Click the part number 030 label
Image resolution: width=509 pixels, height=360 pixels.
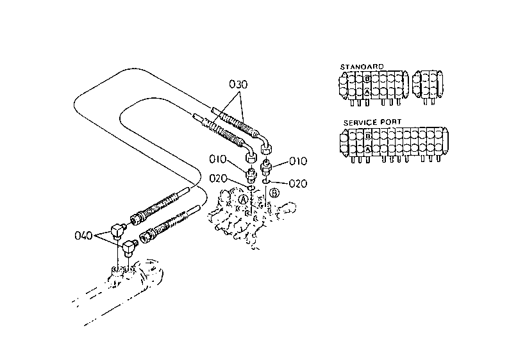coord(238,85)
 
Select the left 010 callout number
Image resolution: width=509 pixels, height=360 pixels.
coord(218,160)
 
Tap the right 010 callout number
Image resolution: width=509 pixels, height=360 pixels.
coord(297,161)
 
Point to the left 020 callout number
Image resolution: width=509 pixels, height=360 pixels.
coord(218,178)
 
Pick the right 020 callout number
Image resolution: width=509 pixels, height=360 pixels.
coord(298,184)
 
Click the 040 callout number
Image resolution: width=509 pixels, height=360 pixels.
coord(84,236)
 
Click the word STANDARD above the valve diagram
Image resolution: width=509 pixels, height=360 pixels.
coord(362,67)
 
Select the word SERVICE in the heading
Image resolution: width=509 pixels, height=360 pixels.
coord(360,122)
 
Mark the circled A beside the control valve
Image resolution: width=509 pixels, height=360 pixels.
coord(243,199)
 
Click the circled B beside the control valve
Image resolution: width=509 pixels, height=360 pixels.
coord(274,193)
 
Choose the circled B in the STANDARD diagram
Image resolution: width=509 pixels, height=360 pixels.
coord(367,78)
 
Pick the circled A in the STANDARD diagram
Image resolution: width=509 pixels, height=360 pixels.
coord(367,92)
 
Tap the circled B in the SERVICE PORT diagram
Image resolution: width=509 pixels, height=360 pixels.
coord(367,136)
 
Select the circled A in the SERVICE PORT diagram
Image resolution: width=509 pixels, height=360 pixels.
coord(367,149)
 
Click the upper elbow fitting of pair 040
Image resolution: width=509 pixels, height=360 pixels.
coord(118,231)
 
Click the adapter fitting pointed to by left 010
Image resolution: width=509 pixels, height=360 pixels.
coord(251,175)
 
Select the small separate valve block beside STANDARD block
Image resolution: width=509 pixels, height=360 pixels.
coord(428,86)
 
